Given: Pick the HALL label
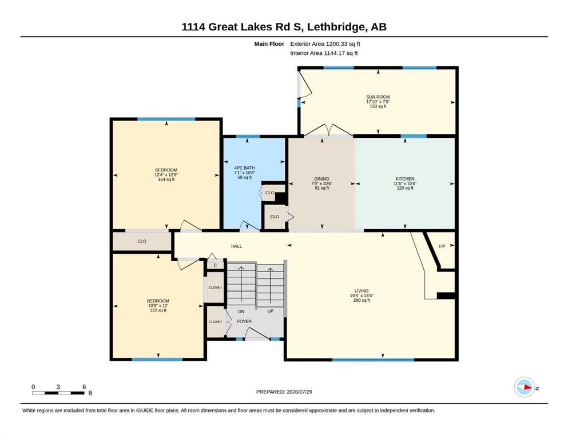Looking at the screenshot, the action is (237, 246).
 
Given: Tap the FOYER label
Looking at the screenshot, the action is (244, 321).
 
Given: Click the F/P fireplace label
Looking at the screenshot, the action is (442, 246).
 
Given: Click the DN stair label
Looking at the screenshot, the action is (241, 312).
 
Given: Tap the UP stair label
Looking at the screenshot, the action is (270, 311).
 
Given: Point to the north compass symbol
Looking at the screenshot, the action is (525, 387).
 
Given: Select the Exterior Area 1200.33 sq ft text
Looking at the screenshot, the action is (325, 44).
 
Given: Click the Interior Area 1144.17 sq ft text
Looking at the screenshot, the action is (324, 53).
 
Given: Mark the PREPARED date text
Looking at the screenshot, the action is (284, 392).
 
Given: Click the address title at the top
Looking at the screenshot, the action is (284, 27).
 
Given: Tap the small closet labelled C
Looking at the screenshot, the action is (215, 265).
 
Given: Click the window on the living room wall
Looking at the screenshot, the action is (373, 360).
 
